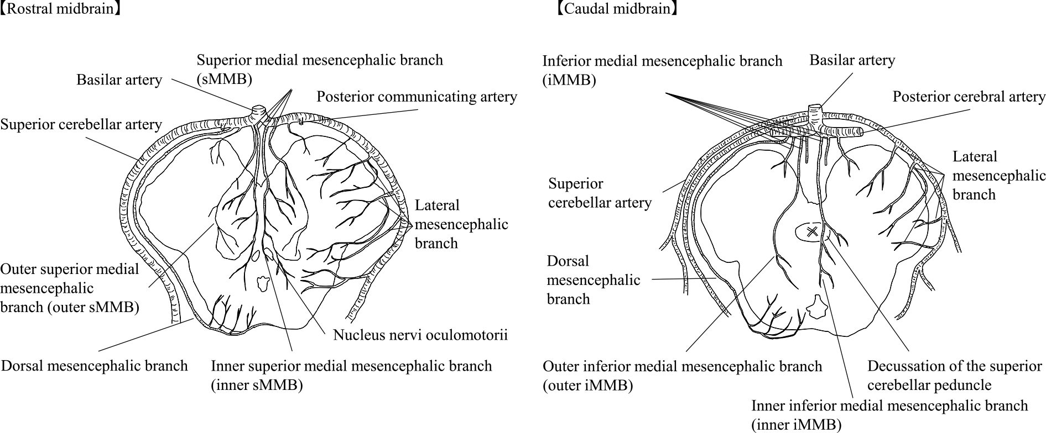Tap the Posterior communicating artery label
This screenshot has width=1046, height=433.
click(417, 97)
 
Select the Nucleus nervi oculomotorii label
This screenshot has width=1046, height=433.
click(420, 335)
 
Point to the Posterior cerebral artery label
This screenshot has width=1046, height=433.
click(969, 97)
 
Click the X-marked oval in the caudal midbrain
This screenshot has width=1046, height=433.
click(812, 232)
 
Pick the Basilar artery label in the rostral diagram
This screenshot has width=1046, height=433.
click(119, 80)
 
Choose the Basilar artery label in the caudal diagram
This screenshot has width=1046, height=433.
click(852, 60)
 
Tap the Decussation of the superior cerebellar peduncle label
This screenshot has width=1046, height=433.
click(954, 376)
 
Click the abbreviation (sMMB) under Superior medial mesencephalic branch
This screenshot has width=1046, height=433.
click(224, 79)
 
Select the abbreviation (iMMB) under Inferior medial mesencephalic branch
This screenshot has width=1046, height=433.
click(569, 80)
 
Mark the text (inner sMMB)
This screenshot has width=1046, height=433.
click(257, 385)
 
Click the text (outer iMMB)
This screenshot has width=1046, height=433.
click(587, 385)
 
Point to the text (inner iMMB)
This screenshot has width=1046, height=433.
click(797, 424)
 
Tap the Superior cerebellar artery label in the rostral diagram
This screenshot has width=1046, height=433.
click(81, 124)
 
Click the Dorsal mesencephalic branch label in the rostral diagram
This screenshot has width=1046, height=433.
click(95, 366)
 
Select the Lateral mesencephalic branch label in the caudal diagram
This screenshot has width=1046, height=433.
click(998, 176)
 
